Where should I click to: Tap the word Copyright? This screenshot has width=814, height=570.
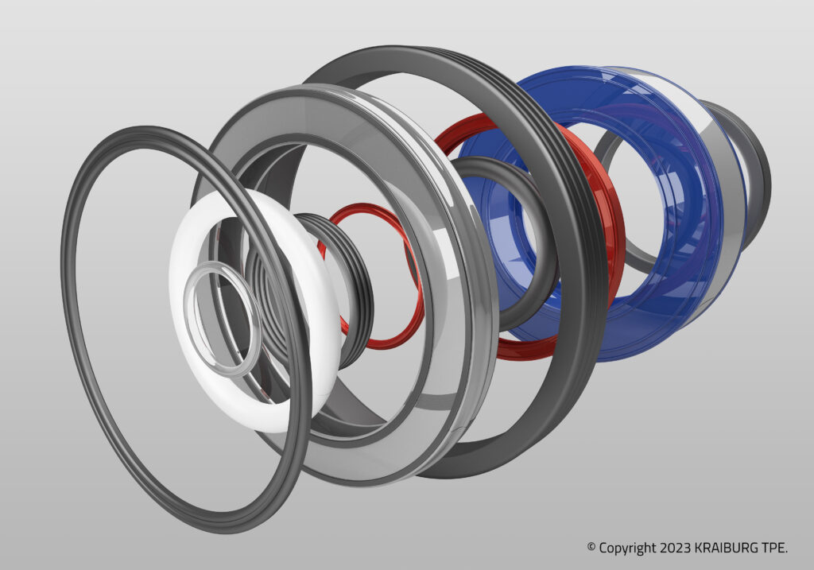click(627, 548)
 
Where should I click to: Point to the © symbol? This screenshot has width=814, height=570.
click(591, 548)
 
